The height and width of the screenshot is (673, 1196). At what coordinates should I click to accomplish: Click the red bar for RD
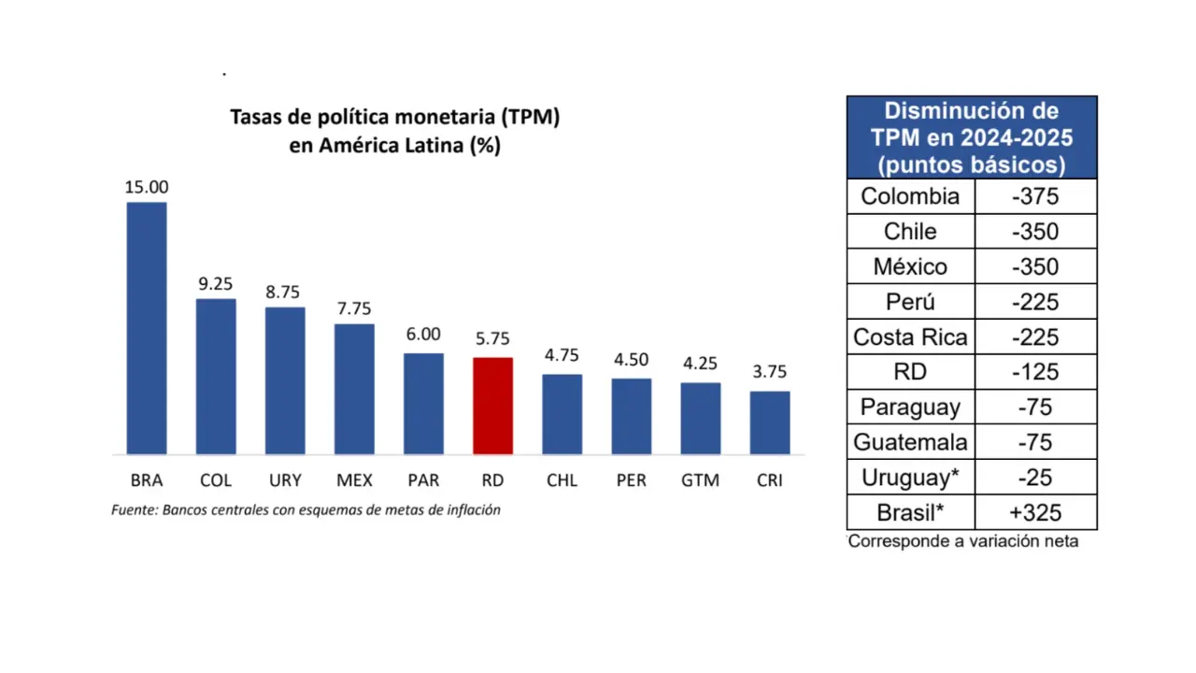[x=492, y=406]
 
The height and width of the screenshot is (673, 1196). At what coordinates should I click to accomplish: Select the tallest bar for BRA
[x=147, y=328]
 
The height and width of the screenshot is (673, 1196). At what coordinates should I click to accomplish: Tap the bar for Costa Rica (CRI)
[x=769, y=422]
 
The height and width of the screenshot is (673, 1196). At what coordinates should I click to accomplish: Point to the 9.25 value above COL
[x=215, y=284]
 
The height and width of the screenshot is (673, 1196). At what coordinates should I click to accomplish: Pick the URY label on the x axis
[x=285, y=480]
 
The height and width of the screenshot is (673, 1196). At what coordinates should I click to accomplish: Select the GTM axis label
[x=700, y=480]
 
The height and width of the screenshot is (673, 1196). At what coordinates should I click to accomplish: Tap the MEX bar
[x=354, y=389]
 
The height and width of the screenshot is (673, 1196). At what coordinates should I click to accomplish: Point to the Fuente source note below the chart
[x=306, y=510]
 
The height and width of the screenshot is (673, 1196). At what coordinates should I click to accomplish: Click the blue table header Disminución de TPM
[x=972, y=137]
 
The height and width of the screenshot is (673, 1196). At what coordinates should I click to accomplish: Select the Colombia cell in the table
[x=910, y=196]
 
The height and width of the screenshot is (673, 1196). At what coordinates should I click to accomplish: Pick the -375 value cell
[x=1035, y=196]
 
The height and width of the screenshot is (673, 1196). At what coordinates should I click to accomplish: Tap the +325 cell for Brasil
[x=1035, y=512]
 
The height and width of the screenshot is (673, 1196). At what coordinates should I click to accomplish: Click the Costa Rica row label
[x=910, y=336]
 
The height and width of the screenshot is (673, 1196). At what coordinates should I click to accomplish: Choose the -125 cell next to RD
[x=1035, y=372]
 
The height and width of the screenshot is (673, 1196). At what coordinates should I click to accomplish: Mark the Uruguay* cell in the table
[x=910, y=478]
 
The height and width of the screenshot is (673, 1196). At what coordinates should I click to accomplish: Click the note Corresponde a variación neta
[x=963, y=541]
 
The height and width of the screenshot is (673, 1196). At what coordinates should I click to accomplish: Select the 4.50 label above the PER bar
[x=631, y=360]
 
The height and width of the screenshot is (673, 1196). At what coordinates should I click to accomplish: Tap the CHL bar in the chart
[x=562, y=414]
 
